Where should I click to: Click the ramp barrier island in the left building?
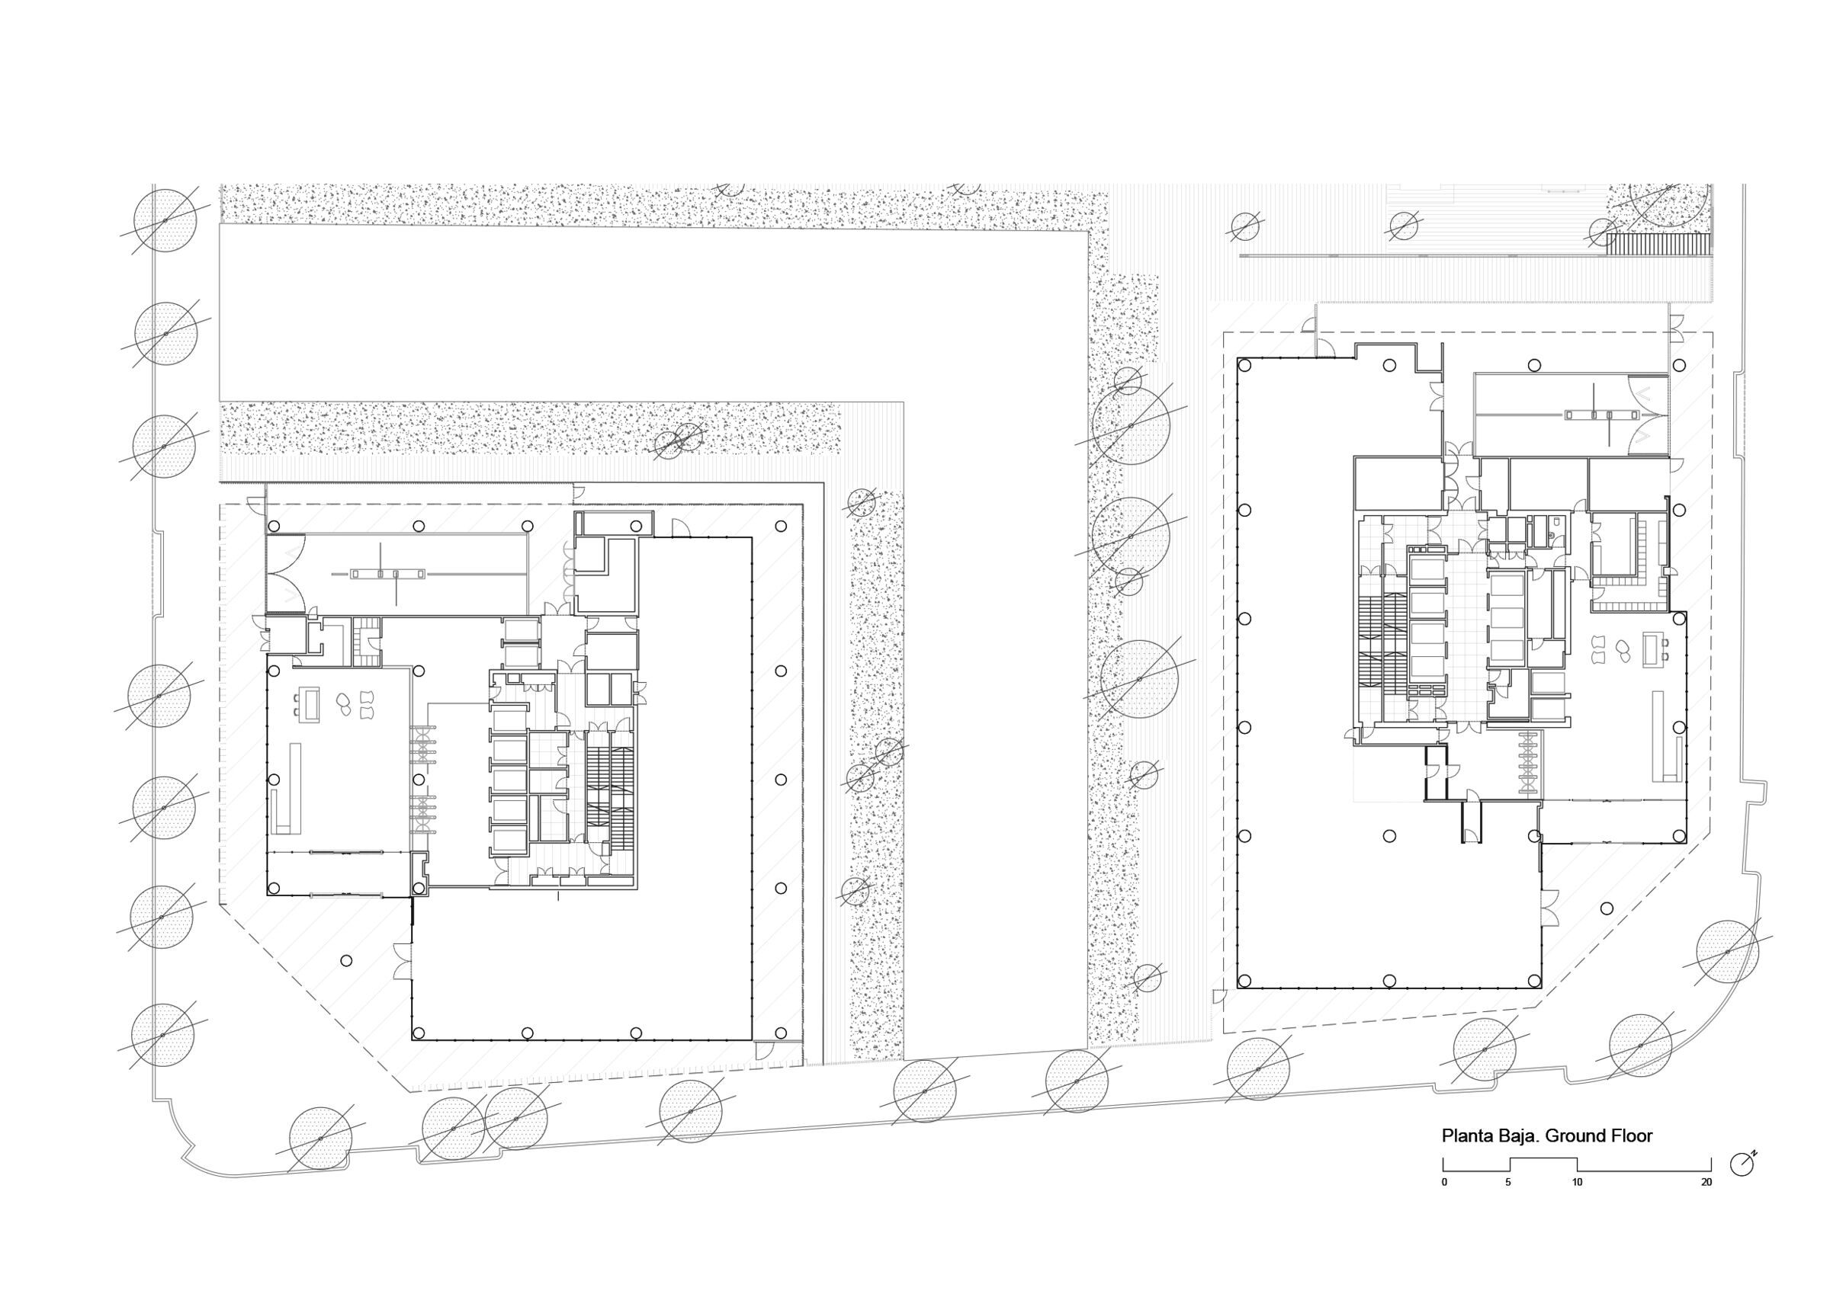click(388, 573)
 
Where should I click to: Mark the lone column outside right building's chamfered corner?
click(1607, 908)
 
